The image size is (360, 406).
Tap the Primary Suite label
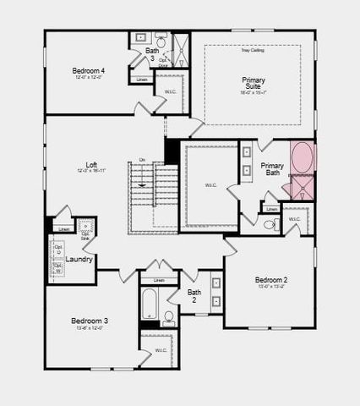(254, 84)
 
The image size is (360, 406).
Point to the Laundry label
(79, 259)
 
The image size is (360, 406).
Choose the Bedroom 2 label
(272, 280)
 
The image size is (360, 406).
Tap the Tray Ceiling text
(253, 52)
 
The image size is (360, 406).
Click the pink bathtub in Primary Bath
(302, 157)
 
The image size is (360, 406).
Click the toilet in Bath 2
(169, 318)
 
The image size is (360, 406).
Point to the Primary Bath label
(272, 169)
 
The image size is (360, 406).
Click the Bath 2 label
(194, 296)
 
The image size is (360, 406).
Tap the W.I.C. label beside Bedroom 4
(170, 91)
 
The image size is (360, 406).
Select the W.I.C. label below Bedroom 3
(161, 349)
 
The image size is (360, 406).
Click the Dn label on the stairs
(142, 159)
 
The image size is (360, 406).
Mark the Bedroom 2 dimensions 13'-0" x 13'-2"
(272, 288)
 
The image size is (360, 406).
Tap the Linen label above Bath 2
(159, 280)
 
